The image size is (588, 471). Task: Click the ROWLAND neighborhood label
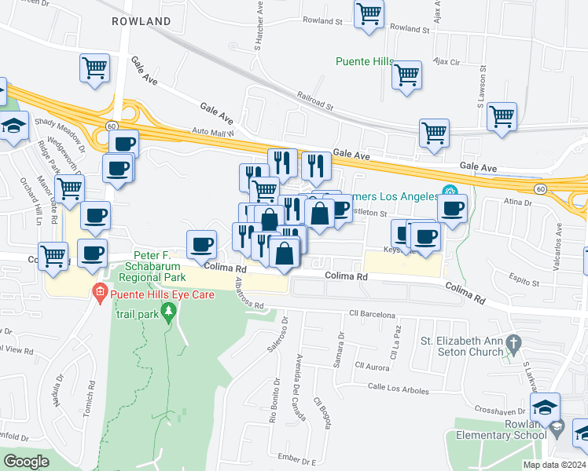tap(141, 21)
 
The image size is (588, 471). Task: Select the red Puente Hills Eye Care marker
tap(99, 294)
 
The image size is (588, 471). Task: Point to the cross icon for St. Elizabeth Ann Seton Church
tap(513, 343)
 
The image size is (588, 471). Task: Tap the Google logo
tap(26, 462)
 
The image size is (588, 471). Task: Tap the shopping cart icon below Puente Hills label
tap(406, 75)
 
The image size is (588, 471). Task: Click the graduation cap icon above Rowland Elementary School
tap(544, 407)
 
